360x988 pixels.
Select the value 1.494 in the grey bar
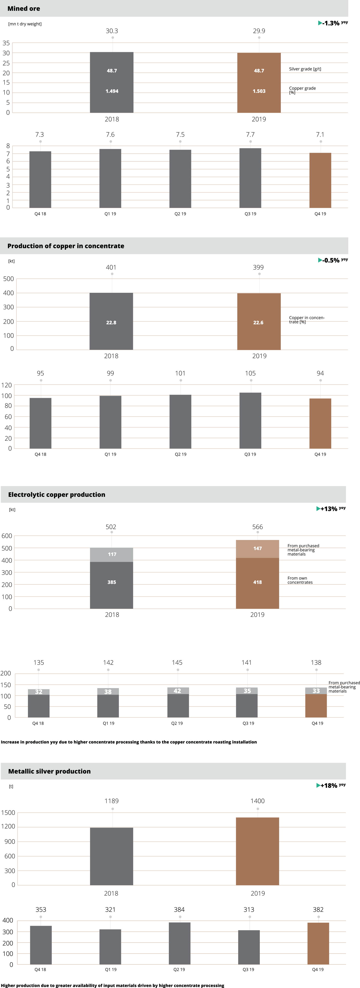[x=112, y=91]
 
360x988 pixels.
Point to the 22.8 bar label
[x=111, y=323]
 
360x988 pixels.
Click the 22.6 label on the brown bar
[x=258, y=323]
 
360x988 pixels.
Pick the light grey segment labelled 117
[x=112, y=554]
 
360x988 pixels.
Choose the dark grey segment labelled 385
[x=112, y=582]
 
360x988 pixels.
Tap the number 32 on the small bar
[x=39, y=692]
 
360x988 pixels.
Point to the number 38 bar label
[x=108, y=692]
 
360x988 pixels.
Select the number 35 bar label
[x=247, y=691]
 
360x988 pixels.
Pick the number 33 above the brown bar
[x=316, y=691]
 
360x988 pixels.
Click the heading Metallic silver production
[x=49, y=771]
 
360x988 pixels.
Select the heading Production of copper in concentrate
[x=66, y=246]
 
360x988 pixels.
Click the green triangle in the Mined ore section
[x=320, y=23]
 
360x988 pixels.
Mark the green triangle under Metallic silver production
[x=318, y=785]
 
